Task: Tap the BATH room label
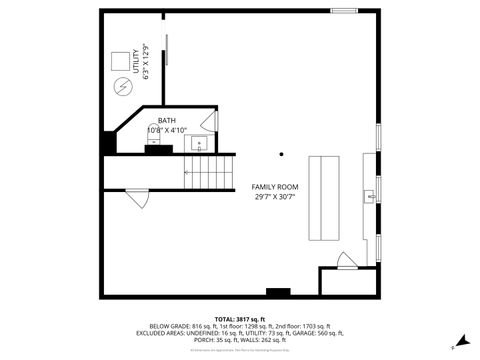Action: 165,121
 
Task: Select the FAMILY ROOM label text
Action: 274,187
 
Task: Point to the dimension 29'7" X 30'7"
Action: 274,197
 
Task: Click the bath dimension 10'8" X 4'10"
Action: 166,130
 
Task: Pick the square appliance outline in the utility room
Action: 120,59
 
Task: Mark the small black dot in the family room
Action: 282,154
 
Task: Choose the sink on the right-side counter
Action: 371,197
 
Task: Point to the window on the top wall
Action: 344,10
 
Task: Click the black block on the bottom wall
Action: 278,292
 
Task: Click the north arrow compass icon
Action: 459,340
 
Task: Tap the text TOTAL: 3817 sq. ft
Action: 239,318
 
